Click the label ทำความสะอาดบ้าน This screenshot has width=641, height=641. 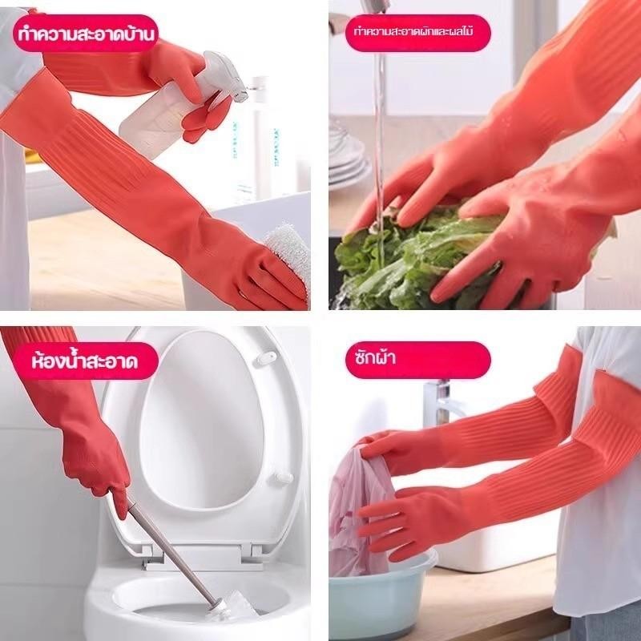coord(86,34)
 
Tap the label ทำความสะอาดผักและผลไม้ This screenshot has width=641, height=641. coord(413,31)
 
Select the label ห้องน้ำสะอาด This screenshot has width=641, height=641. coord(85,361)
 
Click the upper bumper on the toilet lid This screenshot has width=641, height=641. coord(267,357)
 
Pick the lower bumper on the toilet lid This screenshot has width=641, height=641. coord(283,478)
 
